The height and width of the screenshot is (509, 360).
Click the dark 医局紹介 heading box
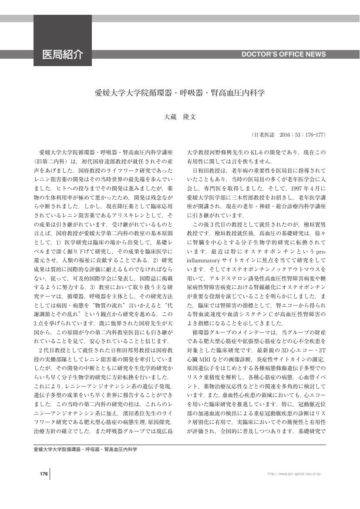tap(62, 54)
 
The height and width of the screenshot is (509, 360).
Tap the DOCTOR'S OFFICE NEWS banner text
tap(283, 54)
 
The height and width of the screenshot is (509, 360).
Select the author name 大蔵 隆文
tap(180, 117)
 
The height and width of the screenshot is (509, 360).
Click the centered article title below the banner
tap(180, 93)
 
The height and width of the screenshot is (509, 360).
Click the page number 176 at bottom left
tap(43, 474)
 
